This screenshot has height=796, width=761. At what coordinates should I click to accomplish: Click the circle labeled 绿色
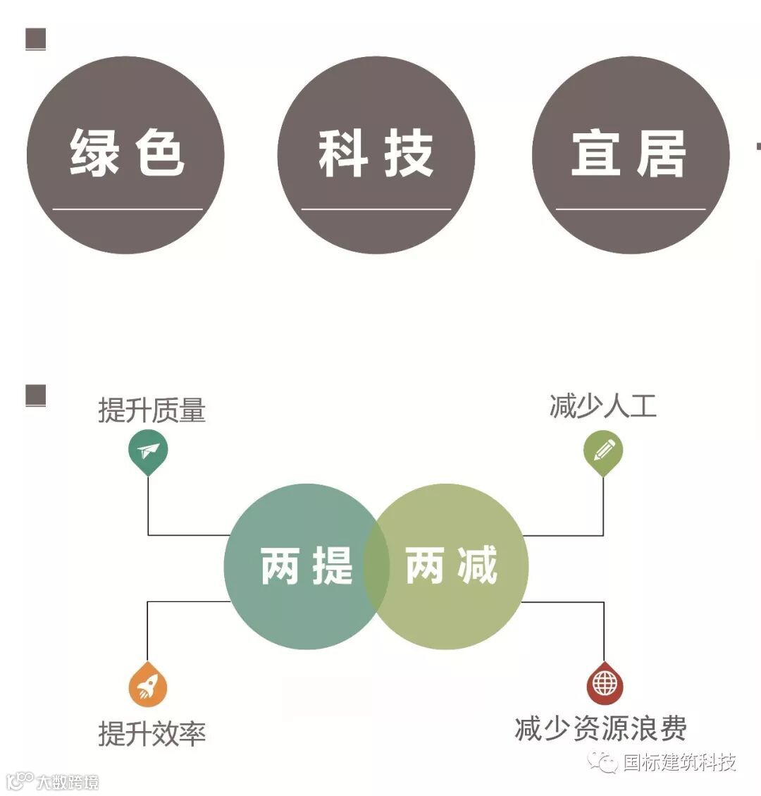pos(125,155)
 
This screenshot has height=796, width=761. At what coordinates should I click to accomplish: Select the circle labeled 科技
pos(376,155)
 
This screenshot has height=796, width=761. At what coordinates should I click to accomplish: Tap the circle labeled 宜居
pos(630,155)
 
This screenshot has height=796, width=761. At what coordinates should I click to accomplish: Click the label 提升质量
pos(151,410)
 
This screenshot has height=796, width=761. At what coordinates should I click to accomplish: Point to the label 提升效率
pos(151,734)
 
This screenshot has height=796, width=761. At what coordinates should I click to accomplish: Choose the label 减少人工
pos(602,407)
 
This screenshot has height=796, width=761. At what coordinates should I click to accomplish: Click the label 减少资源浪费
pos(600,728)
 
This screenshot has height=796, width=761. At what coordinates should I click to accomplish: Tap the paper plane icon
pos(148,451)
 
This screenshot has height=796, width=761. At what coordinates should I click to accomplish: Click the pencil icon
pos(603,450)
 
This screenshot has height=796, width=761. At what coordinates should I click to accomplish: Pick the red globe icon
pos(605,682)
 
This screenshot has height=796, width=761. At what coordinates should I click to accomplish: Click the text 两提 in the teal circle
pos(307,565)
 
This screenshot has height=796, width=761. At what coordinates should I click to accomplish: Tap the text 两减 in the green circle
pos(452,565)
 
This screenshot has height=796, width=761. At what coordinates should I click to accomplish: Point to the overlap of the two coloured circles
pos(376,566)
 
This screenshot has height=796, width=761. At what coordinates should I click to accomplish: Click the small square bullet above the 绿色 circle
pos(35,39)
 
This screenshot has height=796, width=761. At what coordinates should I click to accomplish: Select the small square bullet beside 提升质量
pos(35,396)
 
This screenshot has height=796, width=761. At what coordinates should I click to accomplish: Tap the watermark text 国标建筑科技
pos(679,762)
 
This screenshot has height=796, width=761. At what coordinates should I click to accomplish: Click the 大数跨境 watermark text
pos(68,782)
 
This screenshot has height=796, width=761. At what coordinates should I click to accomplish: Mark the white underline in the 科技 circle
pos(376,209)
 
